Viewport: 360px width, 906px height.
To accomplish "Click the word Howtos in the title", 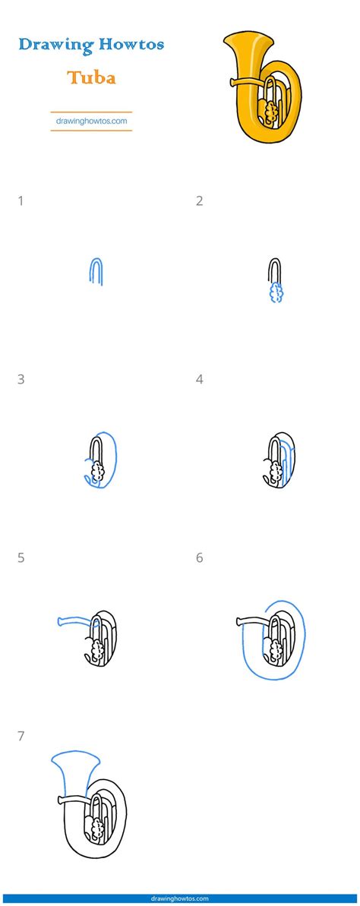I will click(x=128, y=44).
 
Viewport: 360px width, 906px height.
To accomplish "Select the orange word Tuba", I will click(x=90, y=77).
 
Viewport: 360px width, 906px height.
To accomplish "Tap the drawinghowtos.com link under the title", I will click(x=91, y=120).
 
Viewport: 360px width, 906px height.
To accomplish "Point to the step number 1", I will click(x=21, y=201).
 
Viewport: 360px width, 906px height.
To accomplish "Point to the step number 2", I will click(x=200, y=201).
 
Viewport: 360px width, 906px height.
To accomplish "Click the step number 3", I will click(x=21, y=379).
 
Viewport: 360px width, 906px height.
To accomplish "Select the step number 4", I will click(x=200, y=379).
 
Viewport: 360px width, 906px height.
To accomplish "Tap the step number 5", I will click(x=21, y=558).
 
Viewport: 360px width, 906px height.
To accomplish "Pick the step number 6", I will click(x=200, y=558).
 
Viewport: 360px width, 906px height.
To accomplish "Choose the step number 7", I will click(x=21, y=736).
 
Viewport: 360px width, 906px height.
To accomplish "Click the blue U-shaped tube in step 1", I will click(x=96, y=271).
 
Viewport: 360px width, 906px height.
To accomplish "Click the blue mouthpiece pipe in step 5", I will click(x=74, y=620).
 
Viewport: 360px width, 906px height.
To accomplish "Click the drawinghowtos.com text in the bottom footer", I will click(x=180, y=899).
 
